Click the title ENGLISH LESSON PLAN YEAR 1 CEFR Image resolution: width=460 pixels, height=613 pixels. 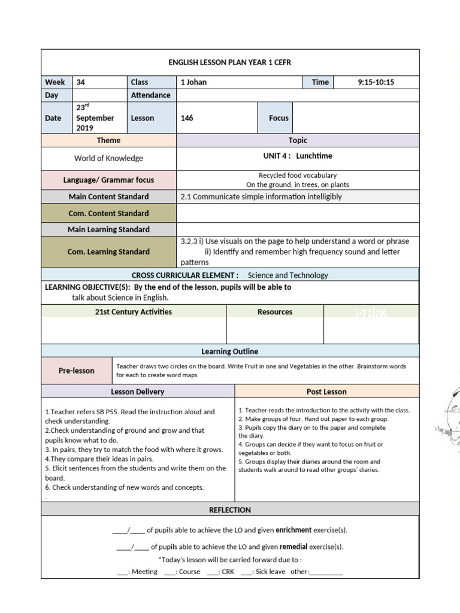pos(230,63)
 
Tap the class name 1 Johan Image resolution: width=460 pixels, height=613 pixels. pos(193,82)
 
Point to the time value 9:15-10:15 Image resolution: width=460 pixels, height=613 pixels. pos(376,82)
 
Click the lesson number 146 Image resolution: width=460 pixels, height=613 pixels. pos(187,118)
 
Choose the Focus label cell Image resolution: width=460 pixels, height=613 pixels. pos(279,118)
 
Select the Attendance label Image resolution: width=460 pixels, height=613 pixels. pos(150,95)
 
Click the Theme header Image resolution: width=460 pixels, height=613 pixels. pos(108,140)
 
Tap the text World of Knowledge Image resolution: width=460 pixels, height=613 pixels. pos(108,159)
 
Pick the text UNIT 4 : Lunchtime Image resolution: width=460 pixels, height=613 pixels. pos(298,156)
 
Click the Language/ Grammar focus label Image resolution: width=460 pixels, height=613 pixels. pos(108,180)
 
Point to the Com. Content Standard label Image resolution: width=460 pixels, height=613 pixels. pos(108,213)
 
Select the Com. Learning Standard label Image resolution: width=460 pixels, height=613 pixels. pos(108,251)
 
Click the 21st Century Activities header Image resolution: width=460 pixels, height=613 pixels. pos(134,312)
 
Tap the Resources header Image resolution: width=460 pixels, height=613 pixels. pos(275,312)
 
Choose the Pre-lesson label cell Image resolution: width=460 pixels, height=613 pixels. pos(77,371)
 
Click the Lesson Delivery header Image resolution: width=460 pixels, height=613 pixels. pos(138,392)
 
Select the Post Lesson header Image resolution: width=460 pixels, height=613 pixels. pos(326,392)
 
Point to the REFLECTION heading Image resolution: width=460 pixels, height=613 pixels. pos(230,510)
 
